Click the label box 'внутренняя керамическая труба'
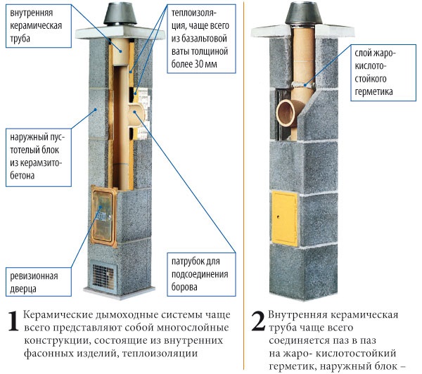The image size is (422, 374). [39, 26]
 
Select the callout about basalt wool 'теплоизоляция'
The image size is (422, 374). [201, 39]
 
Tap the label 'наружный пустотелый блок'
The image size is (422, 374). [39, 157]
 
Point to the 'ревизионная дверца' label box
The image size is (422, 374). [39, 282]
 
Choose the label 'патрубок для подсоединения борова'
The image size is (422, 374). [201, 274]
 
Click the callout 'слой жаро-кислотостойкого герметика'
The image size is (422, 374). [383, 72]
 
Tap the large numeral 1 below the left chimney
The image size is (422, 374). [13, 321]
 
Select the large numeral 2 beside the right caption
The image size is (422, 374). [258, 321]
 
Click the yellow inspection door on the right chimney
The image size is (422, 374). [285, 218]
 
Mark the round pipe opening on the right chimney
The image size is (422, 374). [286, 112]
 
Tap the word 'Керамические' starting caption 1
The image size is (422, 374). [58, 315]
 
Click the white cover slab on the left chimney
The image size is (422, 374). [120, 32]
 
